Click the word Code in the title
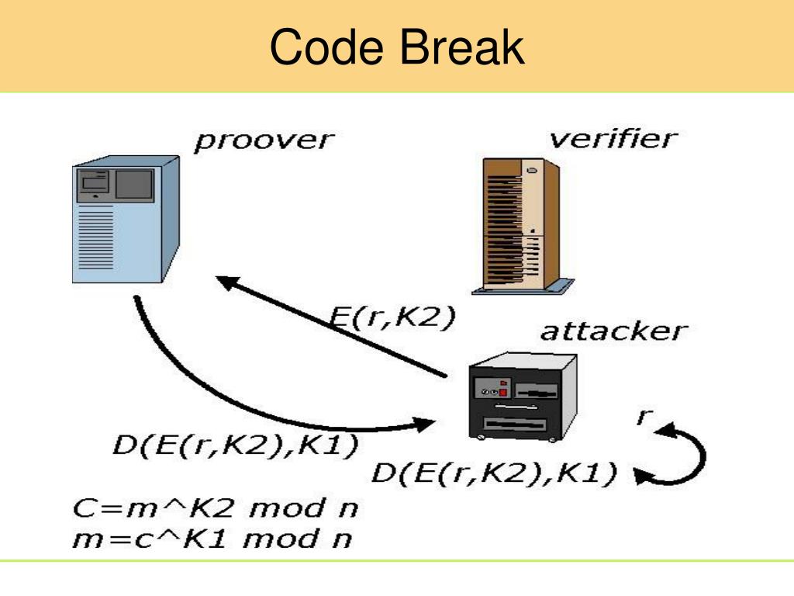coord(326,47)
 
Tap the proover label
coord(264,141)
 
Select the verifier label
coord(613,138)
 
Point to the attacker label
coord(614,331)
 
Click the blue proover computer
coord(126,219)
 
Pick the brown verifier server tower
coord(523,226)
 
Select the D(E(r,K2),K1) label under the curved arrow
coord(236,445)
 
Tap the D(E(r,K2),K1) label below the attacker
coord(494,473)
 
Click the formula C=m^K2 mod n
coord(216,508)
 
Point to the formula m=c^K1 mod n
coord(212,539)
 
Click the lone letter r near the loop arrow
coord(644,417)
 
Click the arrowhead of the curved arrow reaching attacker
coord(423,424)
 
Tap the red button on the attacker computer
coord(502,392)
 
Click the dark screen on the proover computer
coord(134,184)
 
